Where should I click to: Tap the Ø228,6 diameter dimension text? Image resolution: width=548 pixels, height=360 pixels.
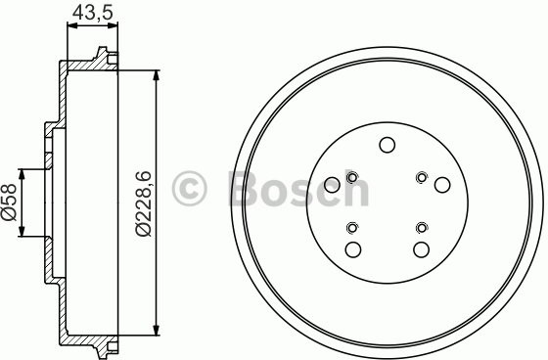(x=144, y=202)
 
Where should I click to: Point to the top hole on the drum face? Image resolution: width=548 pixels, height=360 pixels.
(x=387, y=146)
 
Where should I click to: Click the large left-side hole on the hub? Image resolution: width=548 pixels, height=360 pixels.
(x=332, y=184)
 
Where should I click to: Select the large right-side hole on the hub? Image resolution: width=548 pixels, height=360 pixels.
(x=442, y=184)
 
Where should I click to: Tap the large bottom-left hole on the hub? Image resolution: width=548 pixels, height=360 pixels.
(x=352, y=249)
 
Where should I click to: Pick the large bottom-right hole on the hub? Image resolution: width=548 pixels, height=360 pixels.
(x=422, y=249)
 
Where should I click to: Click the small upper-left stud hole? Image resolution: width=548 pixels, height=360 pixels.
(x=352, y=177)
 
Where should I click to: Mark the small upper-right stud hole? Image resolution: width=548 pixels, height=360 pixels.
(x=421, y=177)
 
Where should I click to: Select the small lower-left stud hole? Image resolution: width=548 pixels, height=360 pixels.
(x=352, y=228)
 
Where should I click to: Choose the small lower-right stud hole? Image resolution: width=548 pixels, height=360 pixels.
(x=421, y=228)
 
